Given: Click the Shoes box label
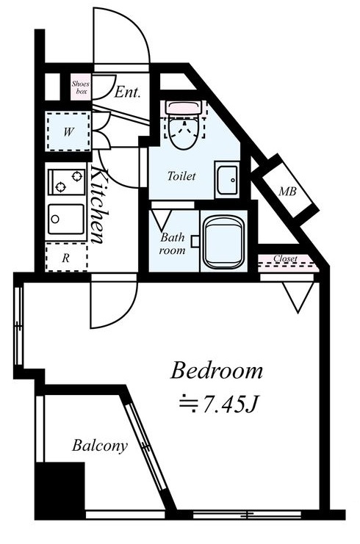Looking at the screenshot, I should click(x=80, y=87).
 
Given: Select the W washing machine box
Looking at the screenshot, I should click(x=68, y=132).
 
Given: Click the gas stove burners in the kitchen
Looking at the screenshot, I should click(x=67, y=181).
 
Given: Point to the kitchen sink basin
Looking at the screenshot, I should click(x=66, y=218).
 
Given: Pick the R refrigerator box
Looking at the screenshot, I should click(x=66, y=258).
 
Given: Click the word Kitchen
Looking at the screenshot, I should click(x=101, y=206).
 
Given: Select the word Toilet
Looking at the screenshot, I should click(x=181, y=177).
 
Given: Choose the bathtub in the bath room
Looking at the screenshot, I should click(x=225, y=242).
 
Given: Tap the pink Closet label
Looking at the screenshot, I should click(x=285, y=259).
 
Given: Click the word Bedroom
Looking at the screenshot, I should click(x=217, y=371).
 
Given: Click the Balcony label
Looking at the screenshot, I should click(x=100, y=445).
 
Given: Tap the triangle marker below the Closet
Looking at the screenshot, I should click(x=299, y=297).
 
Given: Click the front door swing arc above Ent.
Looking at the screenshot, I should click(x=122, y=37).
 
